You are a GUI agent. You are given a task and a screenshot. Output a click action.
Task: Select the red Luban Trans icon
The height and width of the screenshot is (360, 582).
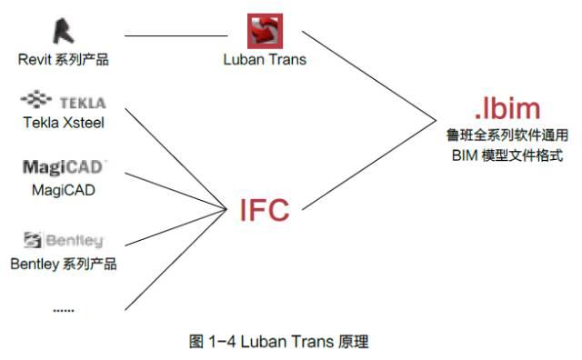(x=265, y=31)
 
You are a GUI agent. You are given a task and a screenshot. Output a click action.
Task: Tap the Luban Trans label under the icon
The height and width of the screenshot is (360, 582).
(x=265, y=60)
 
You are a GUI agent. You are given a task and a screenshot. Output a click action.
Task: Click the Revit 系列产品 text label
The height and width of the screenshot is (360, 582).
(x=63, y=60)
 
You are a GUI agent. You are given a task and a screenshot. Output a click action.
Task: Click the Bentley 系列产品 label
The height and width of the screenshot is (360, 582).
(x=63, y=264)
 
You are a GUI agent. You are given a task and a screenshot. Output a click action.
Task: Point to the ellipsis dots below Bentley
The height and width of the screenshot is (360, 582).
(x=63, y=309)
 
